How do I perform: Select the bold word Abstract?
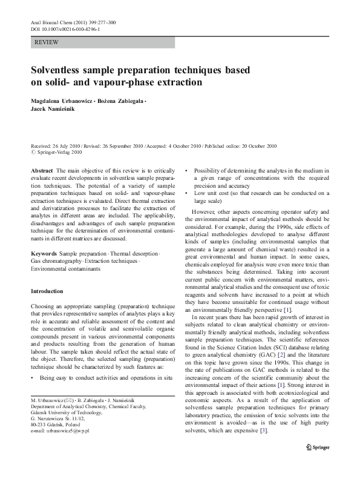42,171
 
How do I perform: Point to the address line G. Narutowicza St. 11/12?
56,419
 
